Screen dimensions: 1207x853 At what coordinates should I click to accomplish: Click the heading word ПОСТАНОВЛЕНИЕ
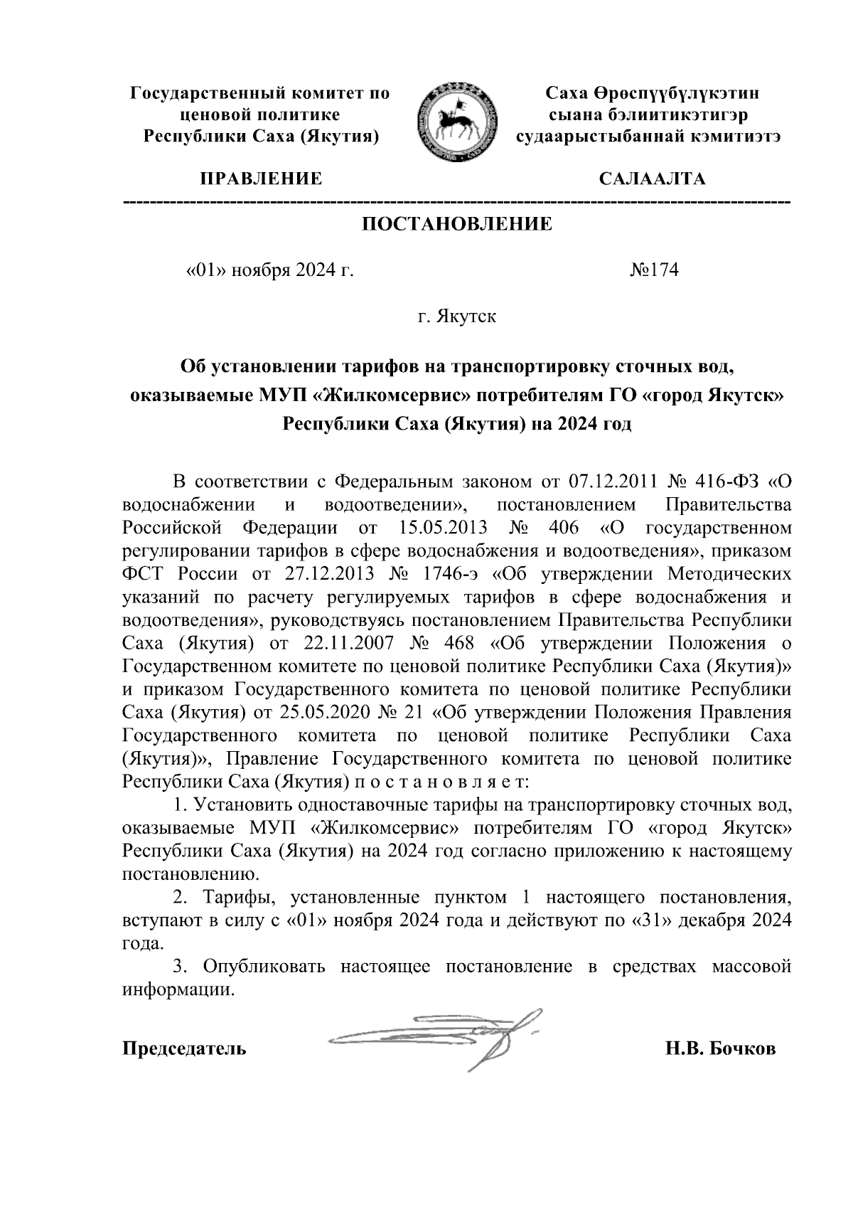457,225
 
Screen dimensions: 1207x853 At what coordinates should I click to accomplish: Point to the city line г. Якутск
457,316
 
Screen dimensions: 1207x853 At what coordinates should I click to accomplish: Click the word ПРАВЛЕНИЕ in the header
259,179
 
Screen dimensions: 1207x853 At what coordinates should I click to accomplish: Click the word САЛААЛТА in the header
652,179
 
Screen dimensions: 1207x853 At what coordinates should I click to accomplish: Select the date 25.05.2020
327,713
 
